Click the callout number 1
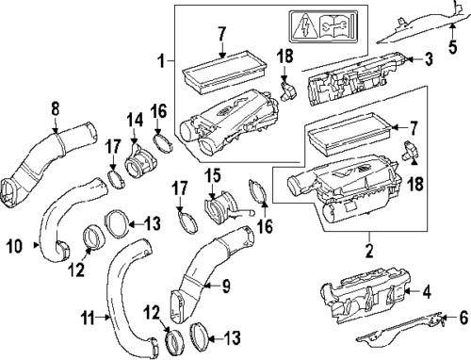(161, 60)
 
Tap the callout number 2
(369, 251)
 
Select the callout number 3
(429, 59)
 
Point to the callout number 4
(427, 291)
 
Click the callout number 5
(452, 47)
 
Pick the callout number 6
(463, 318)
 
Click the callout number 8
(56, 109)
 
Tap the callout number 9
(226, 286)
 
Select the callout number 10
(14, 246)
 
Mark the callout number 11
(87, 319)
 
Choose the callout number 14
(135, 121)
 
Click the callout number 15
(213, 176)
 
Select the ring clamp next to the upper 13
(116, 224)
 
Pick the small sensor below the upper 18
(287, 91)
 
